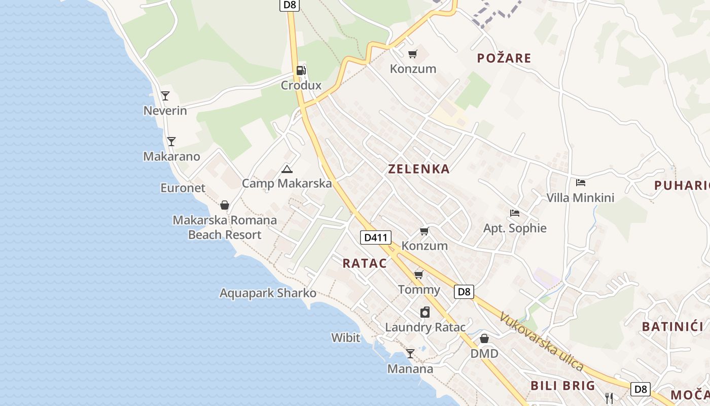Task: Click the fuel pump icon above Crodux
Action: [301, 71]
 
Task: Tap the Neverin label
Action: [165, 111]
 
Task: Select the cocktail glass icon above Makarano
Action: [171, 142]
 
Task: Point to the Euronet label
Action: [183, 188]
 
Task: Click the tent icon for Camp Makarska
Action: [287, 169]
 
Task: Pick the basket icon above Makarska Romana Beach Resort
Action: [225, 206]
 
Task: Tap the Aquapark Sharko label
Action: [268, 293]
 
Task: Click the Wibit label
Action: [346, 337]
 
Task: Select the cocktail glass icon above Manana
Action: [410, 354]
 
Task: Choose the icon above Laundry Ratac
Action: [425, 312]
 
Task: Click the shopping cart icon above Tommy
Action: [419, 275]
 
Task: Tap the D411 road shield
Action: [376, 237]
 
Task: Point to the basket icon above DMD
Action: [484, 339]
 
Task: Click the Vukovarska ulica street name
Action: [542, 341]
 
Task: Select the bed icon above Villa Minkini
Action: [581, 183]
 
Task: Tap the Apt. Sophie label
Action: [515, 228]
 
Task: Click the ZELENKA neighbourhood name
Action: [419, 169]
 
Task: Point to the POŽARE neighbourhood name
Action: [504, 58]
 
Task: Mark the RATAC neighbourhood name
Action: [365, 263]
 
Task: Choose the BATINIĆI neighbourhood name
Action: [672, 326]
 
